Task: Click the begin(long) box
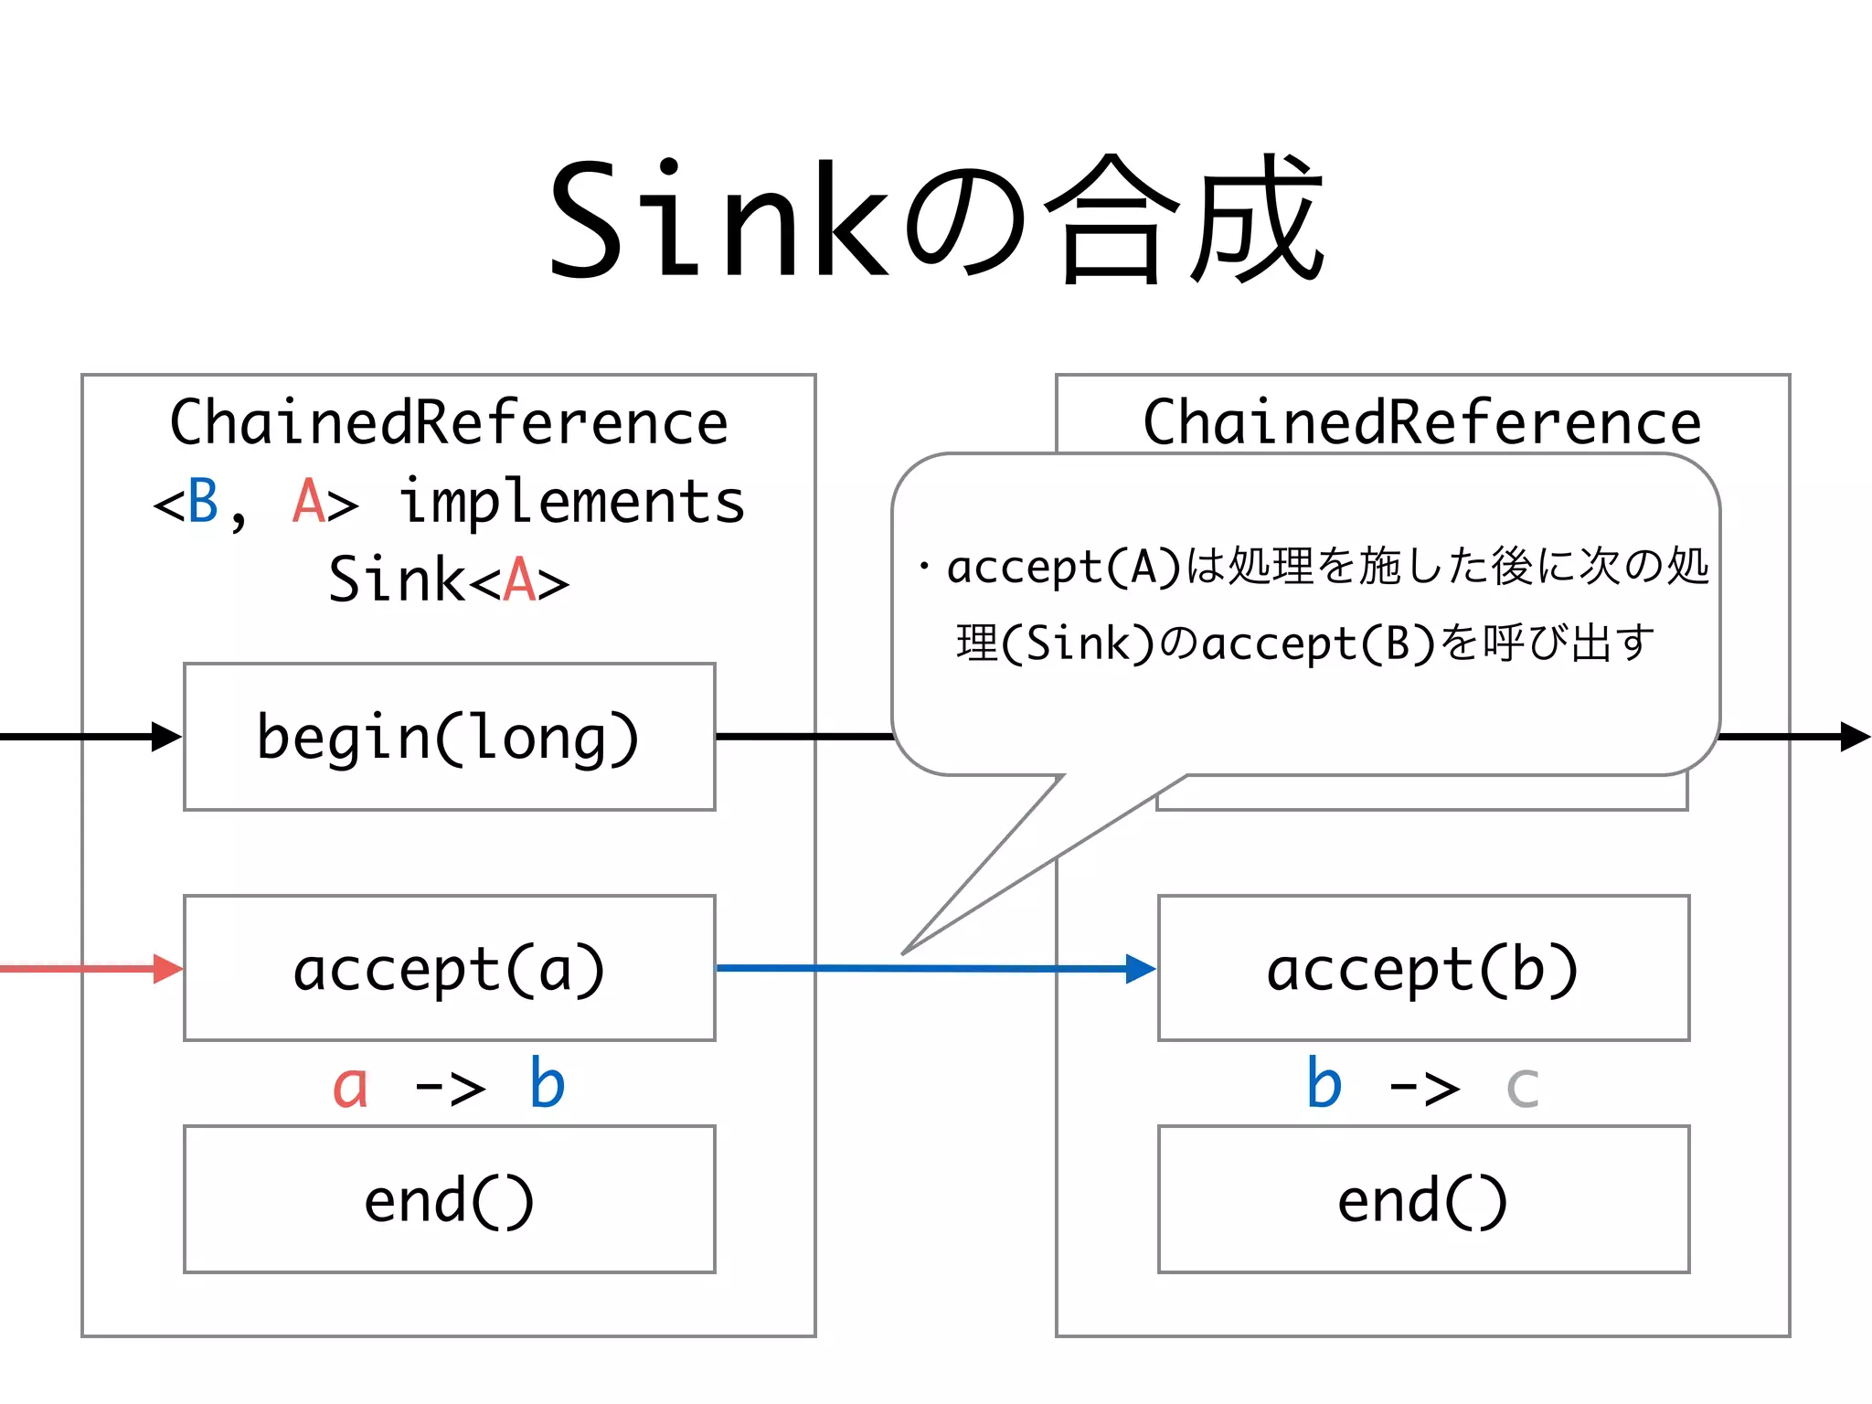(449, 737)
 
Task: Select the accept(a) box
(449, 968)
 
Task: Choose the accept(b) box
(1423, 968)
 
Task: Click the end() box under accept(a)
(449, 1199)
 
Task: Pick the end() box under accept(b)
(1423, 1199)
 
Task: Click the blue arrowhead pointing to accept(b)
(1141, 969)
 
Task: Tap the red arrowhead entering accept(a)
(168, 969)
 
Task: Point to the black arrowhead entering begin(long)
(166, 737)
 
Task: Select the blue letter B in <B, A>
(203, 501)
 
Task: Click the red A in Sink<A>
(519, 580)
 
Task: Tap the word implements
(572, 503)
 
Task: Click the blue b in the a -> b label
(547, 1084)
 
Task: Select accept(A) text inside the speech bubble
(1064, 567)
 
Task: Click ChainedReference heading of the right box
(1421, 422)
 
